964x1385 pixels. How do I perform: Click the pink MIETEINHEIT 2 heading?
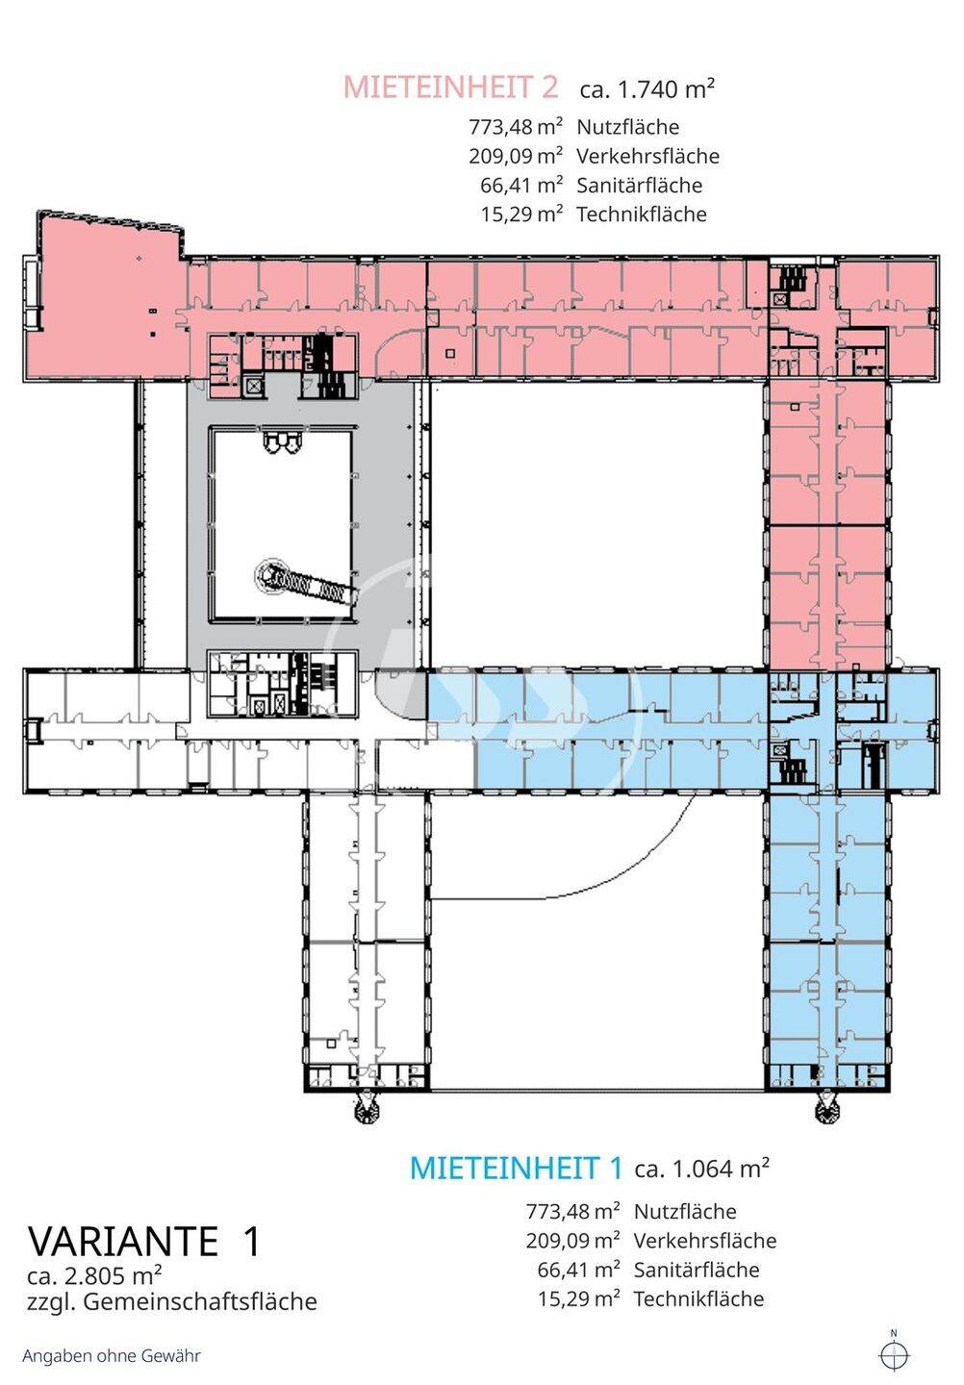(x=451, y=88)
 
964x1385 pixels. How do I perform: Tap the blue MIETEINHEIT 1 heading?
(x=517, y=1168)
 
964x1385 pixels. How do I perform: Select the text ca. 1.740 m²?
(x=647, y=89)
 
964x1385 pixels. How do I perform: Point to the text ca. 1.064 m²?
(x=701, y=1169)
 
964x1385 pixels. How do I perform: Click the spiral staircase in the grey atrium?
(x=272, y=575)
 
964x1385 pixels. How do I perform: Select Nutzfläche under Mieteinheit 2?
(x=627, y=127)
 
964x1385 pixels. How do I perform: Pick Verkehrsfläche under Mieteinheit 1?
(x=705, y=1241)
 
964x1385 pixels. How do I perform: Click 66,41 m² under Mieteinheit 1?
(x=579, y=1270)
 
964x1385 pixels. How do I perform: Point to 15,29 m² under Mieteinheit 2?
(x=521, y=214)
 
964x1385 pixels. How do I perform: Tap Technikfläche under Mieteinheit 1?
(x=698, y=1298)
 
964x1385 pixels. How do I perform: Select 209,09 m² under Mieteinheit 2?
(x=516, y=156)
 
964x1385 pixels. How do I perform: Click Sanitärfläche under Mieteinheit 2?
(x=640, y=185)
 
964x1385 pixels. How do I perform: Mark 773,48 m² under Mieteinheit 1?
(x=573, y=1211)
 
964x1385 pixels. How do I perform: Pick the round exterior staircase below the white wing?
(x=368, y=1113)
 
